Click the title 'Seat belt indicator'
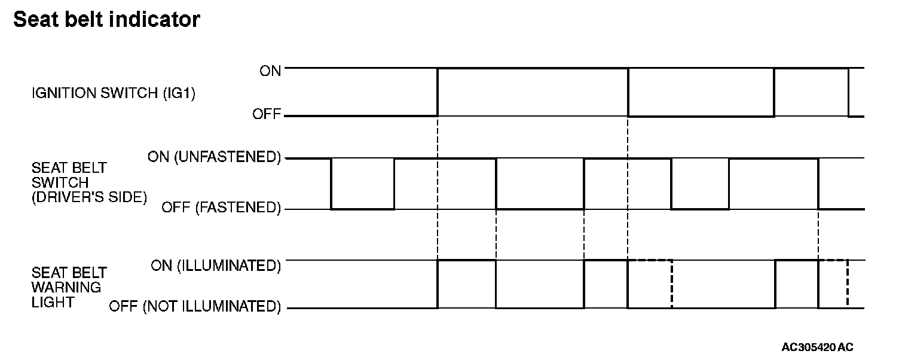click(x=106, y=20)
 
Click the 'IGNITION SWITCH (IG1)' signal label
click(x=114, y=93)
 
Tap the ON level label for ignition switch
click(x=270, y=71)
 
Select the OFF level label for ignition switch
click(x=267, y=114)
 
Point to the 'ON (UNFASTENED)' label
click(x=214, y=158)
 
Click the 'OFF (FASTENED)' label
click(x=221, y=208)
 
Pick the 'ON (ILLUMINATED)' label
click(x=216, y=266)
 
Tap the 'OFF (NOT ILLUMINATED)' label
click(x=195, y=307)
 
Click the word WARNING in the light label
click(x=66, y=287)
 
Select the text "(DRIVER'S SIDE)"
click(x=89, y=197)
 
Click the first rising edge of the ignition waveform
click(x=438, y=91)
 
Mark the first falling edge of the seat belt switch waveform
click(x=331, y=184)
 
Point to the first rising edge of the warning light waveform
click(x=438, y=284)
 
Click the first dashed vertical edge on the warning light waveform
click(x=672, y=284)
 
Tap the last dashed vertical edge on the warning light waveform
click(x=848, y=284)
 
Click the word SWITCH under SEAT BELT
click(x=60, y=182)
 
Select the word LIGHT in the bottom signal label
click(x=53, y=302)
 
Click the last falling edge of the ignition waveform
click(x=848, y=91)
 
